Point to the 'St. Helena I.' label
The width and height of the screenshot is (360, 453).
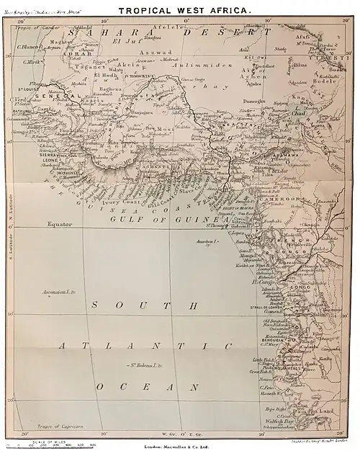click(x=145, y=367)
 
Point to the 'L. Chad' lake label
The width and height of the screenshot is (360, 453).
click(x=299, y=112)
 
